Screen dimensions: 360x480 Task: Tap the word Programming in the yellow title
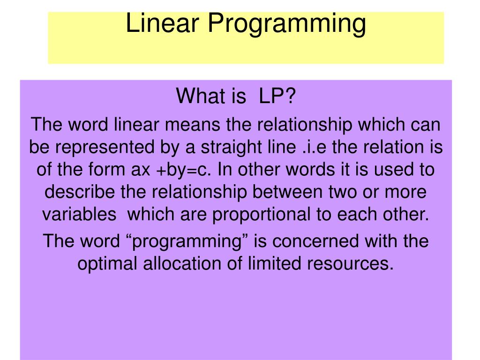click(287, 24)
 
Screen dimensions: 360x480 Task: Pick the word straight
click(233, 147)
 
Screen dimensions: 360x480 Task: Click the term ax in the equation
click(140, 170)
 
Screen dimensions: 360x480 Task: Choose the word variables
click(79, 215)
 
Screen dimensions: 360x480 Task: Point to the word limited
click(272, 264)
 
